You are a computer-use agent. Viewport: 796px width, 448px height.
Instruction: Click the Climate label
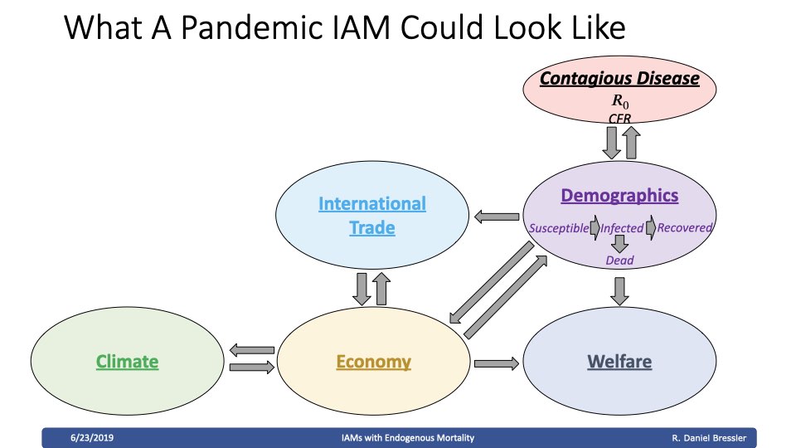[x=127, y=362]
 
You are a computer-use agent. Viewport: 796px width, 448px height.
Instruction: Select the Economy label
[x=374, y=362]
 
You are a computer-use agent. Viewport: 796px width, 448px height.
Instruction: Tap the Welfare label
[x=619, y=362]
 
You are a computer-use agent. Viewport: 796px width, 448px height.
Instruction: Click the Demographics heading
[x=619, y=196]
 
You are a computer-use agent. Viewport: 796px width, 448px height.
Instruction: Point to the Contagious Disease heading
[x=619, y=78]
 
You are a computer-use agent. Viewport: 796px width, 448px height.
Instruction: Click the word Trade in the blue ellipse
[x=372, y=227]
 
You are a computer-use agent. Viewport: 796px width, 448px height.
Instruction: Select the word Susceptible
[x=558, y=228]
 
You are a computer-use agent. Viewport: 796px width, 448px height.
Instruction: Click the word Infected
[x=622, y=228]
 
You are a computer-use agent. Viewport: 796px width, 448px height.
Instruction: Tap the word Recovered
[x=684, y=227]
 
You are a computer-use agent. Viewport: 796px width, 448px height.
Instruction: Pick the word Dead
[x=619, y=260]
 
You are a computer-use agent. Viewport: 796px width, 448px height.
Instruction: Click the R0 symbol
[x=620, y=101]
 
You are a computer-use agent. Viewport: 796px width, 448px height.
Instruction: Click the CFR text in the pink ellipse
[x=619, y=119]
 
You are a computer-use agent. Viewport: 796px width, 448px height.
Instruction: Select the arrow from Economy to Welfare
[x=497, y=363]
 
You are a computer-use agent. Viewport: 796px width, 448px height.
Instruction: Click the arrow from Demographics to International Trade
[x=497, y=217]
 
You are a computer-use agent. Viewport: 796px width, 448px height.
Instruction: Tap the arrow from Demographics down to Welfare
[x=619, y=291]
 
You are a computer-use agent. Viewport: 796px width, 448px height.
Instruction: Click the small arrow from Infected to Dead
[x=619, y=244]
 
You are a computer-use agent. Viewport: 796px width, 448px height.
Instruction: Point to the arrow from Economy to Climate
[x=252, y=350]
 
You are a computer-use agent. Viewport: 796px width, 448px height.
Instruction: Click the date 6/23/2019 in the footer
[x=92, y=438]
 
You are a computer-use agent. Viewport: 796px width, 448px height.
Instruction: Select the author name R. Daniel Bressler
[x=709, y=438]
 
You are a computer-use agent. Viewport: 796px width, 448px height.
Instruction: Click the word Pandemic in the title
[x=252, y=27]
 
